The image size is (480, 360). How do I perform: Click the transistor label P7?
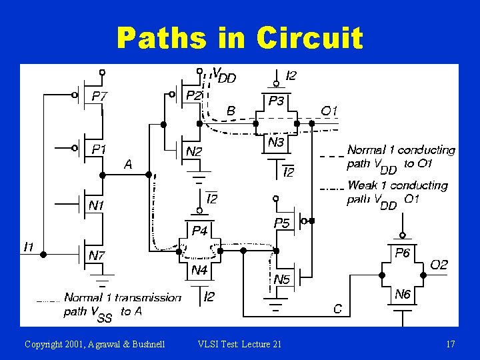99,96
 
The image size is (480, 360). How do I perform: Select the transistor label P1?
99,150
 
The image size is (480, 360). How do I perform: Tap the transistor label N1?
97,205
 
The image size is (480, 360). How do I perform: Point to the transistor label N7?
97,255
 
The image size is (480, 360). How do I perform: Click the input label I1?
29,247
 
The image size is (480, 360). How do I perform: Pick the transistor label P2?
193,96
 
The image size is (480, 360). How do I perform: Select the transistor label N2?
193,152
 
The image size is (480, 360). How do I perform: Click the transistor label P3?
275,101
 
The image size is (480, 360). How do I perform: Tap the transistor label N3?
276,143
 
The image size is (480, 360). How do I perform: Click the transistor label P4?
200,231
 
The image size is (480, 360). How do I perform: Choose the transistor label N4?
199,270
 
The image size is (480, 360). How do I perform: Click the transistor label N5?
282,280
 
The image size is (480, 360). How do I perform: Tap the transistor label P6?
402,253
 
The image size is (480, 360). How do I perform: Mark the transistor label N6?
402,294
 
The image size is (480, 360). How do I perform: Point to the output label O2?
439,265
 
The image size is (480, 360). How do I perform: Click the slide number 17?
451,344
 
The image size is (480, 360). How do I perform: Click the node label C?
338,308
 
